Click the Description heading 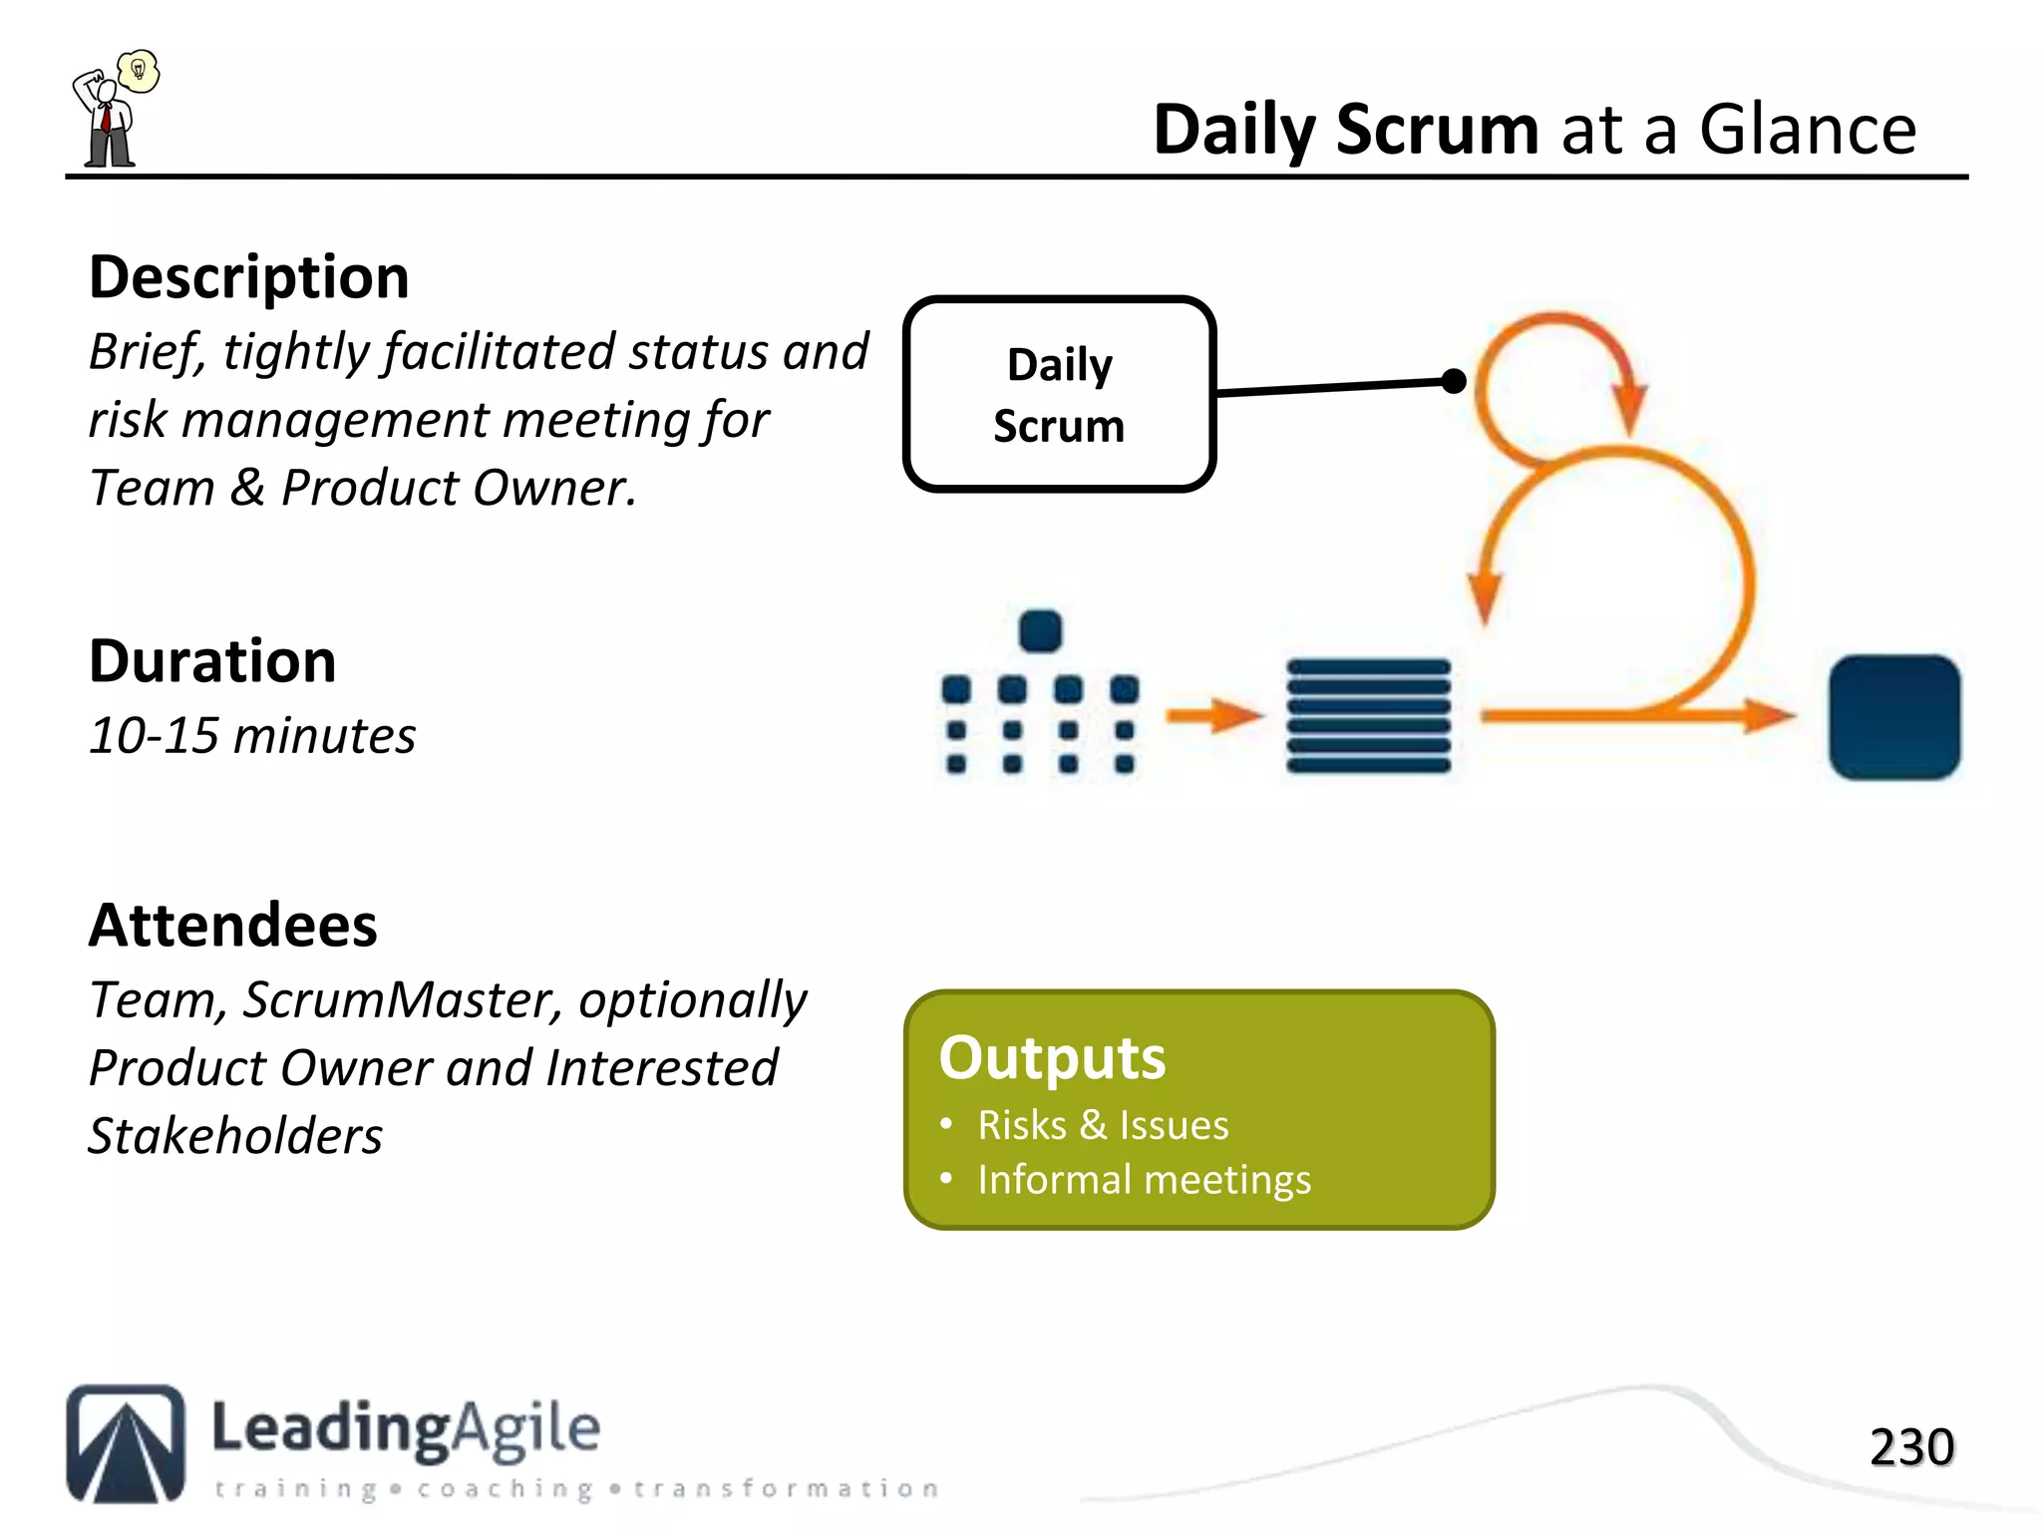pyautogui.click(x=248, y=277)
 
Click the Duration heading pyautogui.click(x=212, y=661)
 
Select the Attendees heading pyautogui.click(x=232, y=926)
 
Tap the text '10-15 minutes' pyautogui.click(x=251, y=736)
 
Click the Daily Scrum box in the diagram pyautogui.click(x=1059, y=394)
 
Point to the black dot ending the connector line pyautogui.click(x=1454, y=380)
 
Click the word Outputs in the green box pyautogui.click(x=1052, y=1057)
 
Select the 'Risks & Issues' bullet pyautogui.click(x=1103, y=1125)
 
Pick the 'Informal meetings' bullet pyautogui.click(x=1144, y=1180)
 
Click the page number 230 pyautogui.click(x=1910, y=1447)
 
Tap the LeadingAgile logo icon pyautogui.click(x=126, y=1443)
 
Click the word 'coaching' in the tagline pyautogui.click(x=505, y=1489)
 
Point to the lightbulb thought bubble pyautogui.click(x=139, y=71)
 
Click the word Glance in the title pyautogui.click(x=1807, y=130)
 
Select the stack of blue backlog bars pyautogui.click(x=1368, y=715)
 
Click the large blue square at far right pyautogui.click(x=1893, y=716)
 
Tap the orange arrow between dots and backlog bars pyautogui.click(x=1213, y=714)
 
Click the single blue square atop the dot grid pyautogui.click(x=1040, y=631)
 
